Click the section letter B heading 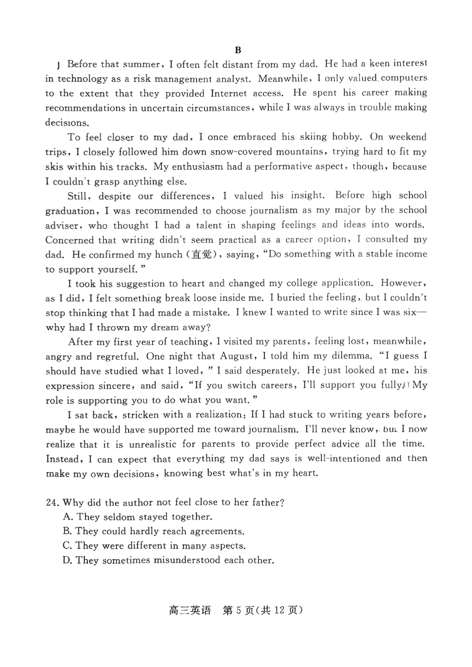pos(238,50)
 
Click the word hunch pos(168,254)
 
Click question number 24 pos(53,502)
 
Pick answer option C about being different pos(153,546)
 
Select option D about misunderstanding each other pos(168,560)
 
